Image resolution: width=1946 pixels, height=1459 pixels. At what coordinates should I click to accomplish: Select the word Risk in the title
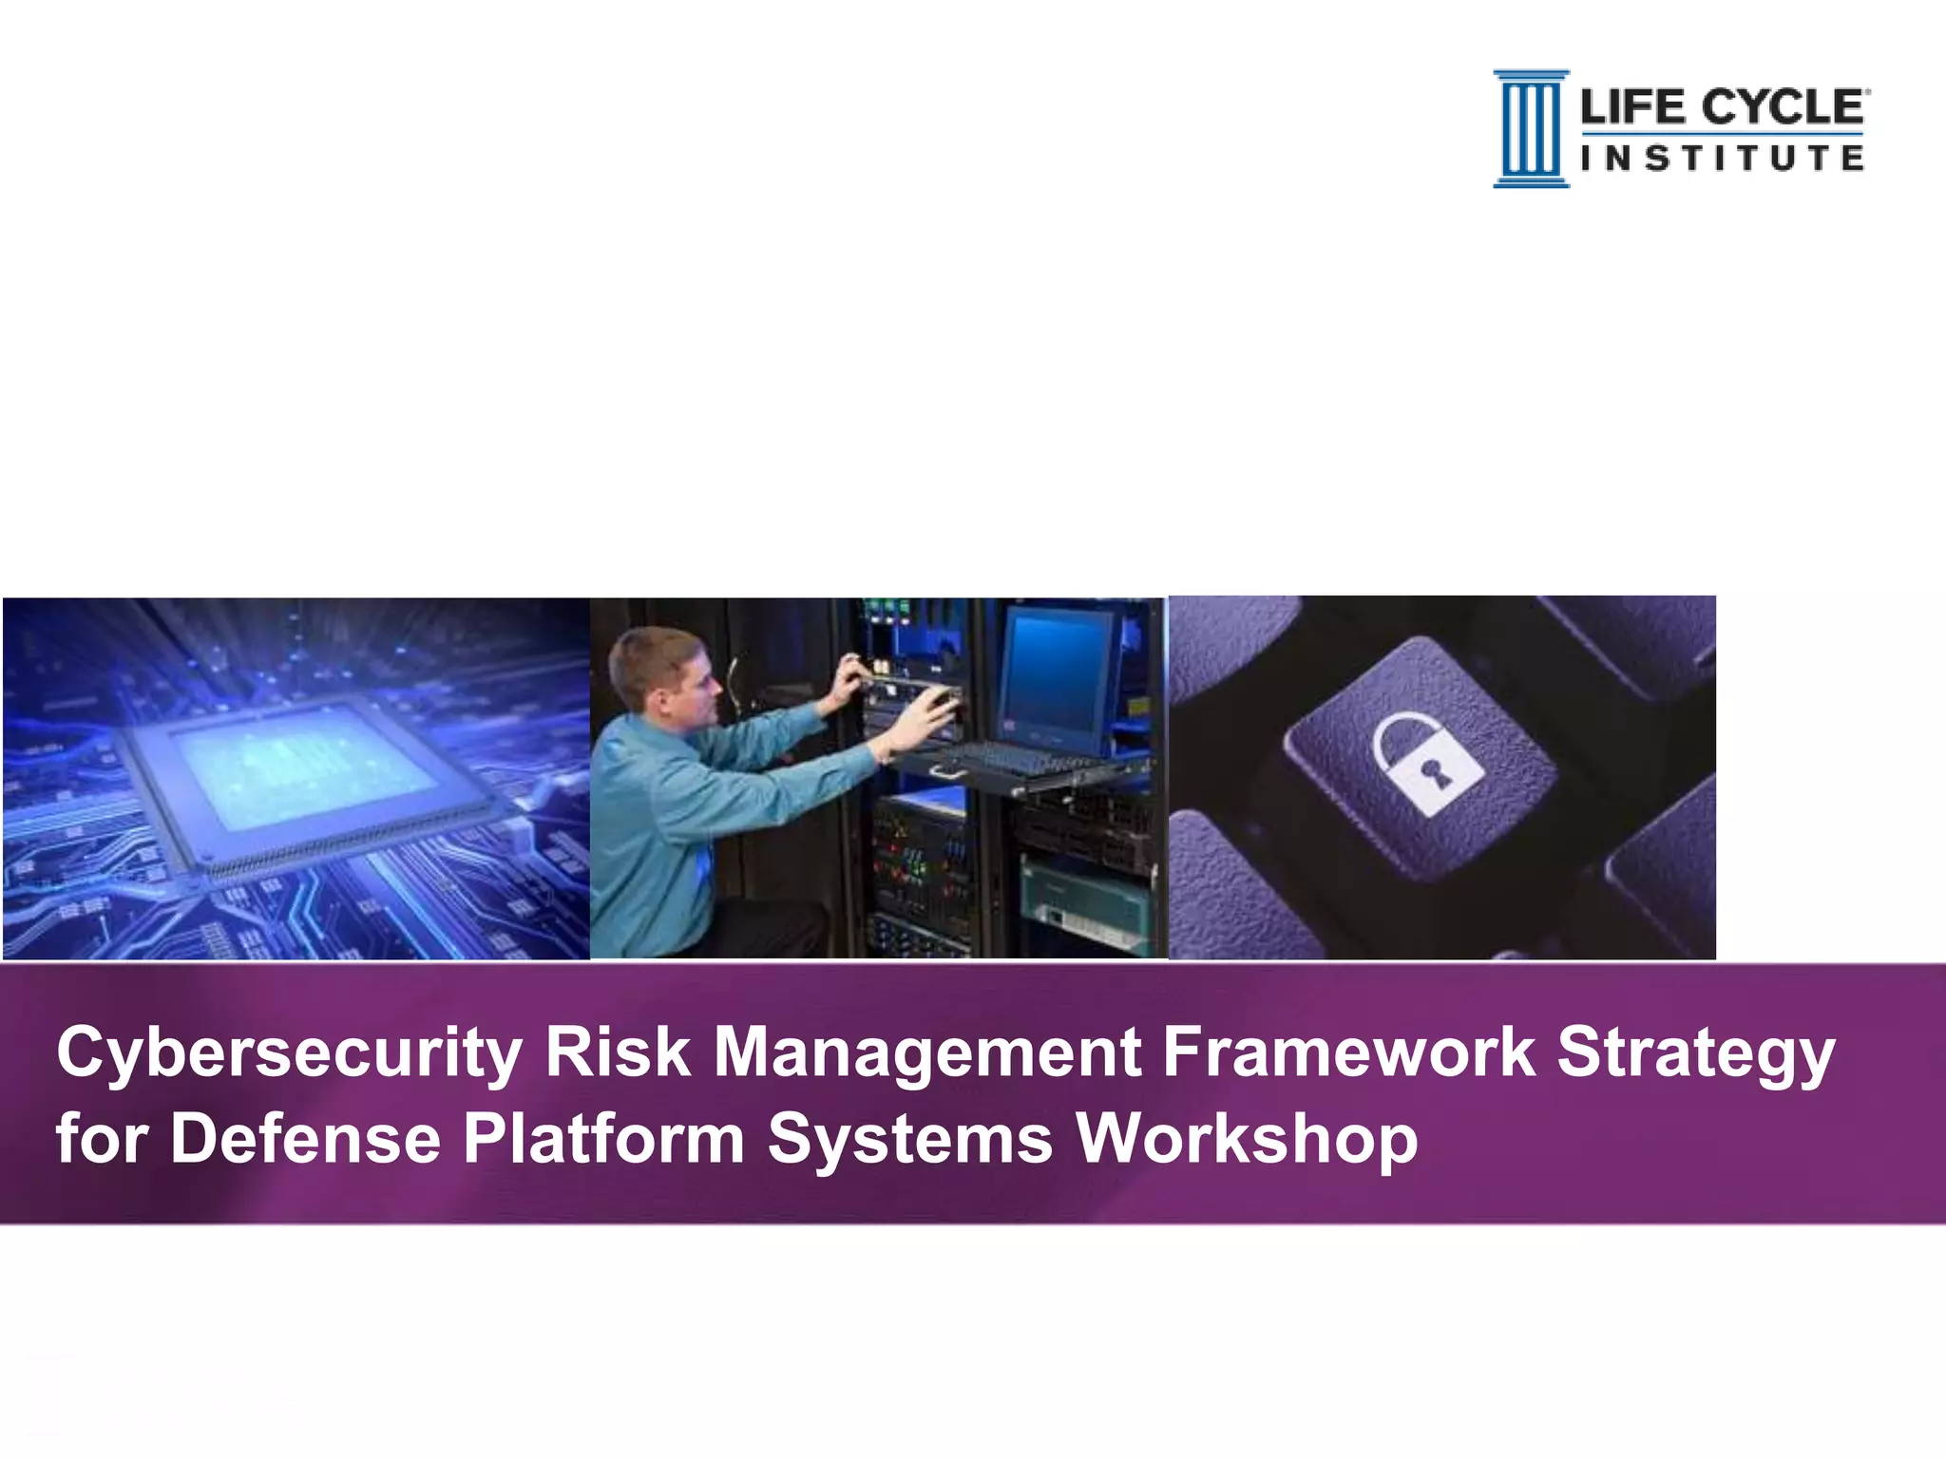(616, 1052)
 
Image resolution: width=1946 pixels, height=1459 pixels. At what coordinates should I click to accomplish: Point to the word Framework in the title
(1348, 1052)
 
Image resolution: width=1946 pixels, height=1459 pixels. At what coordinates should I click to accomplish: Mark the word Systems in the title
(909, 1140)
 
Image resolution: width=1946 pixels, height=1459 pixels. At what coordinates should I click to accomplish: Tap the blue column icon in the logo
(1530, 129)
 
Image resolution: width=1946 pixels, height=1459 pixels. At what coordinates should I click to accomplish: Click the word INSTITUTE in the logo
(1722, 159)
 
